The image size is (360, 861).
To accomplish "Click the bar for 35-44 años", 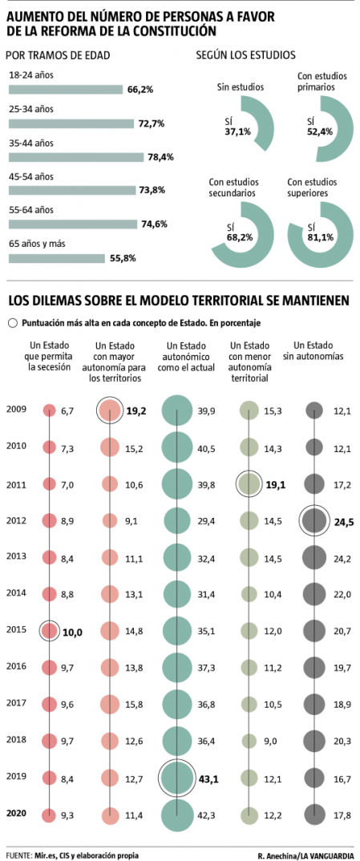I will click(x=75, y=157).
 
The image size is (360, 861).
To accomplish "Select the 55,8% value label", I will click(x=123, y=258).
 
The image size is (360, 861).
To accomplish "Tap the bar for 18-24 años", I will click(x=65, y=90).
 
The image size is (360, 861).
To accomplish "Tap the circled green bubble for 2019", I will click(x=177, y=777).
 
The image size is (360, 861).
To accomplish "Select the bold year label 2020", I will click(x=16, y=813).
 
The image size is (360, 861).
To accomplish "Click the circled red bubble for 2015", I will click(x=50, y=631).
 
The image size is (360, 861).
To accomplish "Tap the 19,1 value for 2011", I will click(x=276, y=485).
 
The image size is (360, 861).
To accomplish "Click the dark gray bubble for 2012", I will click(x=313, y=521).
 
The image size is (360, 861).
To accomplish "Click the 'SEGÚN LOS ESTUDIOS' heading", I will click(x=246, y=55).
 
